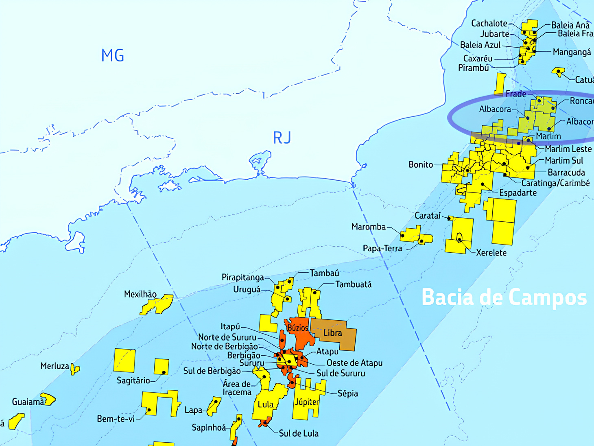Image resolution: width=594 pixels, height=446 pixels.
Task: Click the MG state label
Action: (113, 55)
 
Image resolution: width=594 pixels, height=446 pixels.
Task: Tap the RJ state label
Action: (282, 138)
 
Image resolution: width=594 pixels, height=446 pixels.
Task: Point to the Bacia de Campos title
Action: (504, 297)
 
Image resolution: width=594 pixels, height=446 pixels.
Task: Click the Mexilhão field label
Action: (140, 294)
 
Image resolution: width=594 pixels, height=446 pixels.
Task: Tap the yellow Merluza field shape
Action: (75, 369)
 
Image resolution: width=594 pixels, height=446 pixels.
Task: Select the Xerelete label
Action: (491, 253)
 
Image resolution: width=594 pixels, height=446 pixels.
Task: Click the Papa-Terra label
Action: (382, 248)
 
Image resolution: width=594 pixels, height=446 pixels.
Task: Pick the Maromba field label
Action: (369, 227)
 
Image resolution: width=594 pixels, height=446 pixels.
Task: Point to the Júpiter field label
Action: (307, 402)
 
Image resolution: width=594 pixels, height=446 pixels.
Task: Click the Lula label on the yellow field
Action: (266, 404)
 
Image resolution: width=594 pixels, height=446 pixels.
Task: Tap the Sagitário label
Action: (133, 380)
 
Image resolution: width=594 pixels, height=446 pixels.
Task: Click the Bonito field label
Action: (421, 164)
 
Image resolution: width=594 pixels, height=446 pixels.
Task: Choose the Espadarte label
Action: (518, 192)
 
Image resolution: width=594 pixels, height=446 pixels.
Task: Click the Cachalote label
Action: (489, 23)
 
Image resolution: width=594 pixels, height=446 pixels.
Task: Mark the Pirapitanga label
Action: (243, 278)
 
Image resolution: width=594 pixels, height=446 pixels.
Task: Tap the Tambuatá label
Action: (353, 284)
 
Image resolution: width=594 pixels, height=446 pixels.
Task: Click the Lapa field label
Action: (193, 410)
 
